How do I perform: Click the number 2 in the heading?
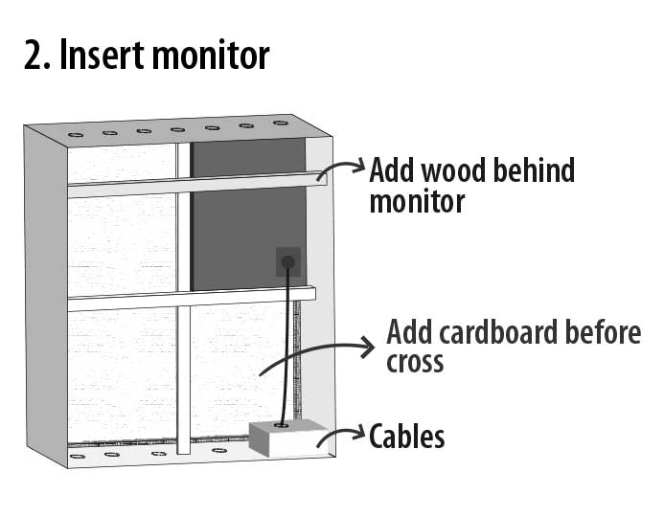(34, 56)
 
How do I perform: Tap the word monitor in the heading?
(208, 57)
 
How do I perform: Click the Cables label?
(407, 438)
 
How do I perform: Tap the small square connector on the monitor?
(287, 260)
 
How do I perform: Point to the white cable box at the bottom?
(283, 440)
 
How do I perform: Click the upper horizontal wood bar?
(192, 184)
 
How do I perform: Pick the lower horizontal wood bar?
(192, 299)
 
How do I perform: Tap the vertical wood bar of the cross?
(184, 373)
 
